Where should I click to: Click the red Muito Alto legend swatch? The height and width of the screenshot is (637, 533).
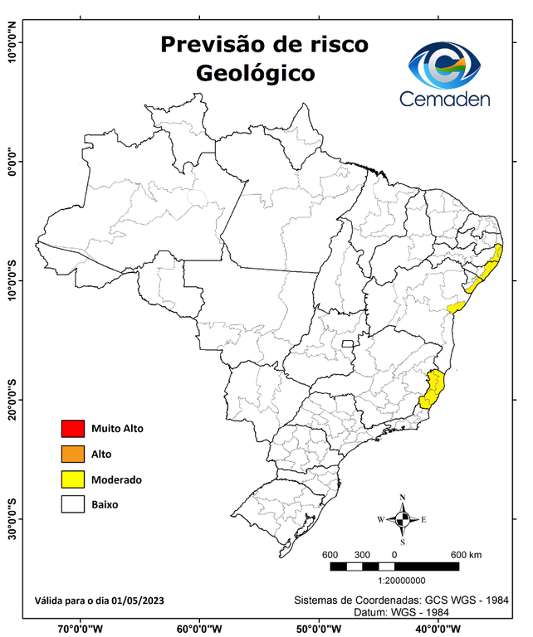pyautogui.click(x=72, y=429)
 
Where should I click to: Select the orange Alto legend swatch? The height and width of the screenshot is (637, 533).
pyautogui.click(x=72, y=454)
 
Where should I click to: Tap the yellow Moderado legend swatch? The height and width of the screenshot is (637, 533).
pyautogui.click(x=72, y=479)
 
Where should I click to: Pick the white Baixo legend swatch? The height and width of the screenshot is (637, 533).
pyautogui.click(x=72, y=504)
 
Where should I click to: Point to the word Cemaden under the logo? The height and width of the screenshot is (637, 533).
pyautogui.click(x=445, y=99)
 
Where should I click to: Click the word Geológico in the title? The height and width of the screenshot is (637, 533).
pyautogui.click(x=255, y=73)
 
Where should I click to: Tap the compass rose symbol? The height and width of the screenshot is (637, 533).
pyautogui.click(x=402, y=520)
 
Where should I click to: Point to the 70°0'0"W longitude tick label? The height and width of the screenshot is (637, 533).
pyautogui.click(x=81, y=628)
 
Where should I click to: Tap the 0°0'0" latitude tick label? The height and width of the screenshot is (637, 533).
pyautogui.click(x=12, y=162)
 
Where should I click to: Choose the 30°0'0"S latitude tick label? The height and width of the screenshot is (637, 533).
pyautogui.click(x=12, y=518)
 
